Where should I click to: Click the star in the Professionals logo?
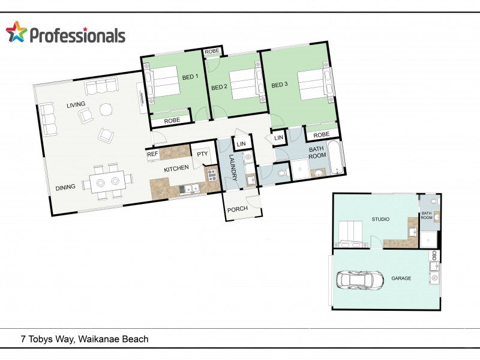coord(16,32)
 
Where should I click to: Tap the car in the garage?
coord(360,279)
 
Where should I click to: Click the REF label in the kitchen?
coord(152,154)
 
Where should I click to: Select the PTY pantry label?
coord(202,154)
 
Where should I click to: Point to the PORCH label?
coord(237,209)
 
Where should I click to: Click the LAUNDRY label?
coord(233,167)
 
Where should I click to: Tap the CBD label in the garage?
coord(434,256)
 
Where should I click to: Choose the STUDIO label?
coord(380,219)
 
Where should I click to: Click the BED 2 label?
coord(219,87)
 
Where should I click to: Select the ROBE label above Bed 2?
coord(212,52)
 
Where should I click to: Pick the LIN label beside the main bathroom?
coord(278,138)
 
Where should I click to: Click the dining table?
coord(107,182)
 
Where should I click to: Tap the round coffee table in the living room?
coord(106,109)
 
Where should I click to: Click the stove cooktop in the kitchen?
coord(212,175)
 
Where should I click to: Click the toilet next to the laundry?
coord(281,173)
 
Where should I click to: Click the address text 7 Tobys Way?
coord(47,339)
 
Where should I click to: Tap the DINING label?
coord(65,187)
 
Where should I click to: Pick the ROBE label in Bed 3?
coord(321,134)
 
